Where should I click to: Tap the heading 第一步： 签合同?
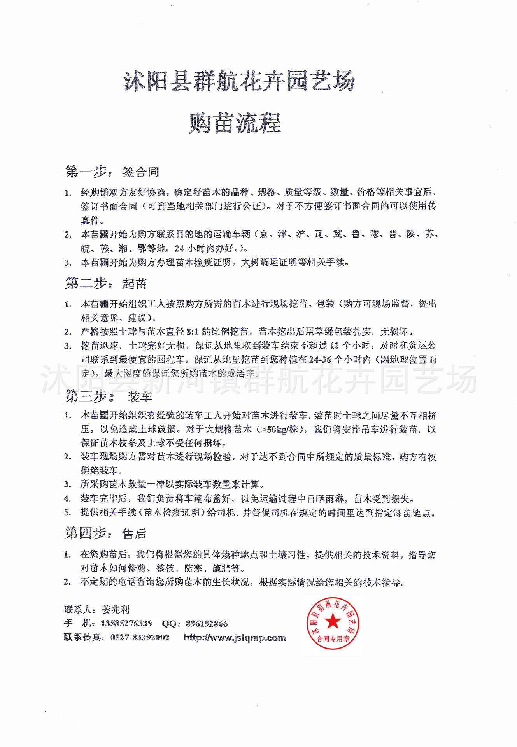(112, 172)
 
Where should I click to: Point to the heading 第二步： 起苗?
(106, 283)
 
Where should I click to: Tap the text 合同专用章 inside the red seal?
(333, 638)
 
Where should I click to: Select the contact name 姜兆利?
(115, 609)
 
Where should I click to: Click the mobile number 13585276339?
(126, 623)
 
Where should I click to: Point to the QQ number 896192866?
(207, 624)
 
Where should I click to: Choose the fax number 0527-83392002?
(140, 637)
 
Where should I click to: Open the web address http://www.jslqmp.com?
(235, 637)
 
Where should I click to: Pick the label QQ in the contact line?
(170, 624)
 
